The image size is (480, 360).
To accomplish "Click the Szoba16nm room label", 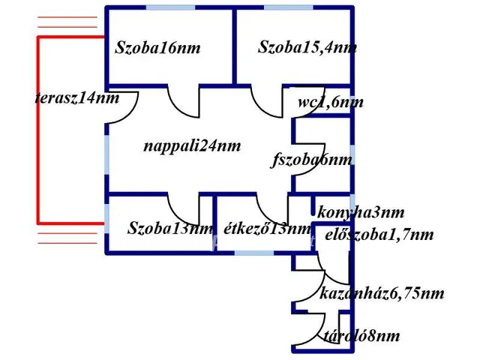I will [x=158, y=49].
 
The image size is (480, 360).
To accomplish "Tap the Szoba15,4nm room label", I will [x=307, y=48].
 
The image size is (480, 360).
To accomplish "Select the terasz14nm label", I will [x=77, y=98].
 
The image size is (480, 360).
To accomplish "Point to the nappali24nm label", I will [x=193, y=146].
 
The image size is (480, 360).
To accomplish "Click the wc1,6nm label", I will [x=330, y=103].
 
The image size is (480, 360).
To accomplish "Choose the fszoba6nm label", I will [x=311, y=160].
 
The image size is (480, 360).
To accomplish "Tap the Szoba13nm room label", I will [x=171, y=229].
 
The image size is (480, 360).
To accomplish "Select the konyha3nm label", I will [x=361, y=212].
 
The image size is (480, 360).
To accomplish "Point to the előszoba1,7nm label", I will [x=379, y=235].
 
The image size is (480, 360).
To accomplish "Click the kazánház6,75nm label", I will [x=382, y=293].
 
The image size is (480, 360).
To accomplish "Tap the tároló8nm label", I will [x=361, y=336].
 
